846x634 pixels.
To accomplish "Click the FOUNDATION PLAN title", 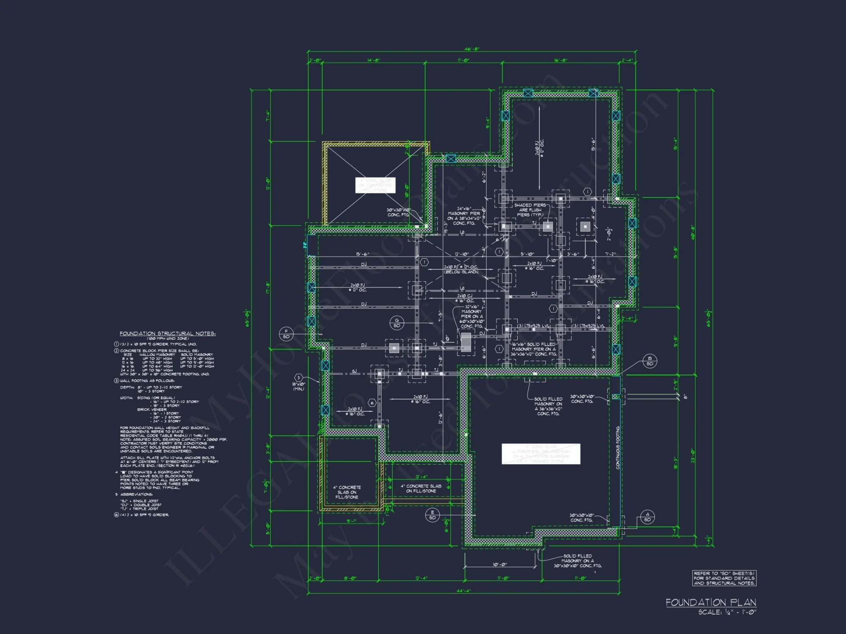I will coord(711,602).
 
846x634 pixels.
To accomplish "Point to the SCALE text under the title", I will coord(727,612).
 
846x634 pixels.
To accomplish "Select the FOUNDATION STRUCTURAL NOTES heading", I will coord(168,333).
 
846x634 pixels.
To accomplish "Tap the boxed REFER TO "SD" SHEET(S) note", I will coord(724,578).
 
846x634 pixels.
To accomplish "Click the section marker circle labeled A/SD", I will coord(648,517).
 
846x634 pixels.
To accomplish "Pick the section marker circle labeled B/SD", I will coord(650,361).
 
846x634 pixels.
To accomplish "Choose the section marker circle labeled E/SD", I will coord(432,515).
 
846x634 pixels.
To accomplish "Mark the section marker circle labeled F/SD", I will coord(286,334).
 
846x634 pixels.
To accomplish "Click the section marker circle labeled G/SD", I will coord(397,323).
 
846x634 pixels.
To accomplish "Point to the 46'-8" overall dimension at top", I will coord(472,49).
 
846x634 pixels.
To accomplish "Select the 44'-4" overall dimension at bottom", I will coord(464,591).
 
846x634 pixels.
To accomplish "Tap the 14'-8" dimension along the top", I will coord(374,60).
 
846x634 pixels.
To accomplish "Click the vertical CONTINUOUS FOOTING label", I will coord(618,448).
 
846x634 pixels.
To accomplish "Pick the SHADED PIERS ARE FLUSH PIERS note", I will coord(530,210).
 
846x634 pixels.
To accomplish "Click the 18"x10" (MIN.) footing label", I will coord(299,386).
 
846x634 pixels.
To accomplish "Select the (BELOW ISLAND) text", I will coord(461,272).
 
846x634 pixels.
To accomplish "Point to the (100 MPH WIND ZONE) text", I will coord(168,339).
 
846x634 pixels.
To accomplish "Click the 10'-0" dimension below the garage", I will coord(500,564).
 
